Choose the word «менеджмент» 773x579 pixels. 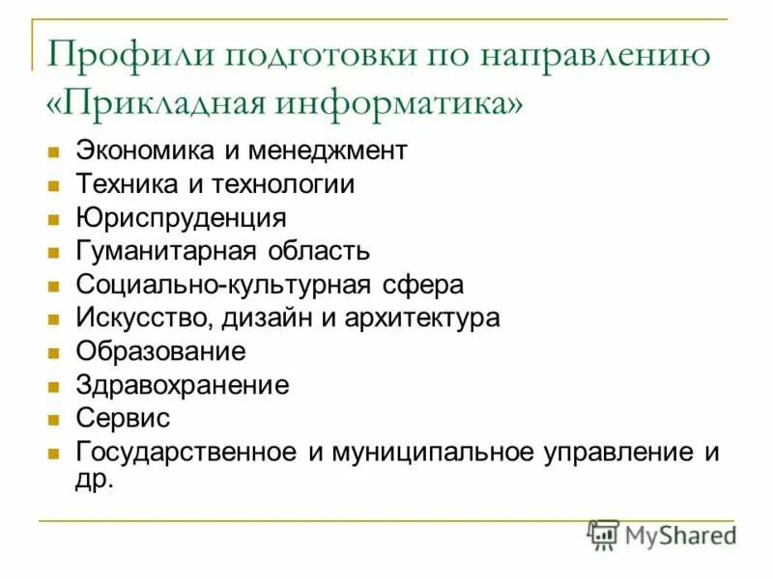click(x=329, y=151)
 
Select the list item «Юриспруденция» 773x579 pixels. click(x=181, y=218)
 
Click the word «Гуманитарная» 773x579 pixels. click(x=164, y=252)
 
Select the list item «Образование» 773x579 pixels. click(x=160, y=351)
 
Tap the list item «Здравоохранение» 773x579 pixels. click(x=182, y=385)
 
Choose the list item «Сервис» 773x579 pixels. click(x=123, y=419)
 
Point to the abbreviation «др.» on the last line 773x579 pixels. click(x=95, y=478)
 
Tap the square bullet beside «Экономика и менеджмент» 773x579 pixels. click(x=54, y=152)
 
